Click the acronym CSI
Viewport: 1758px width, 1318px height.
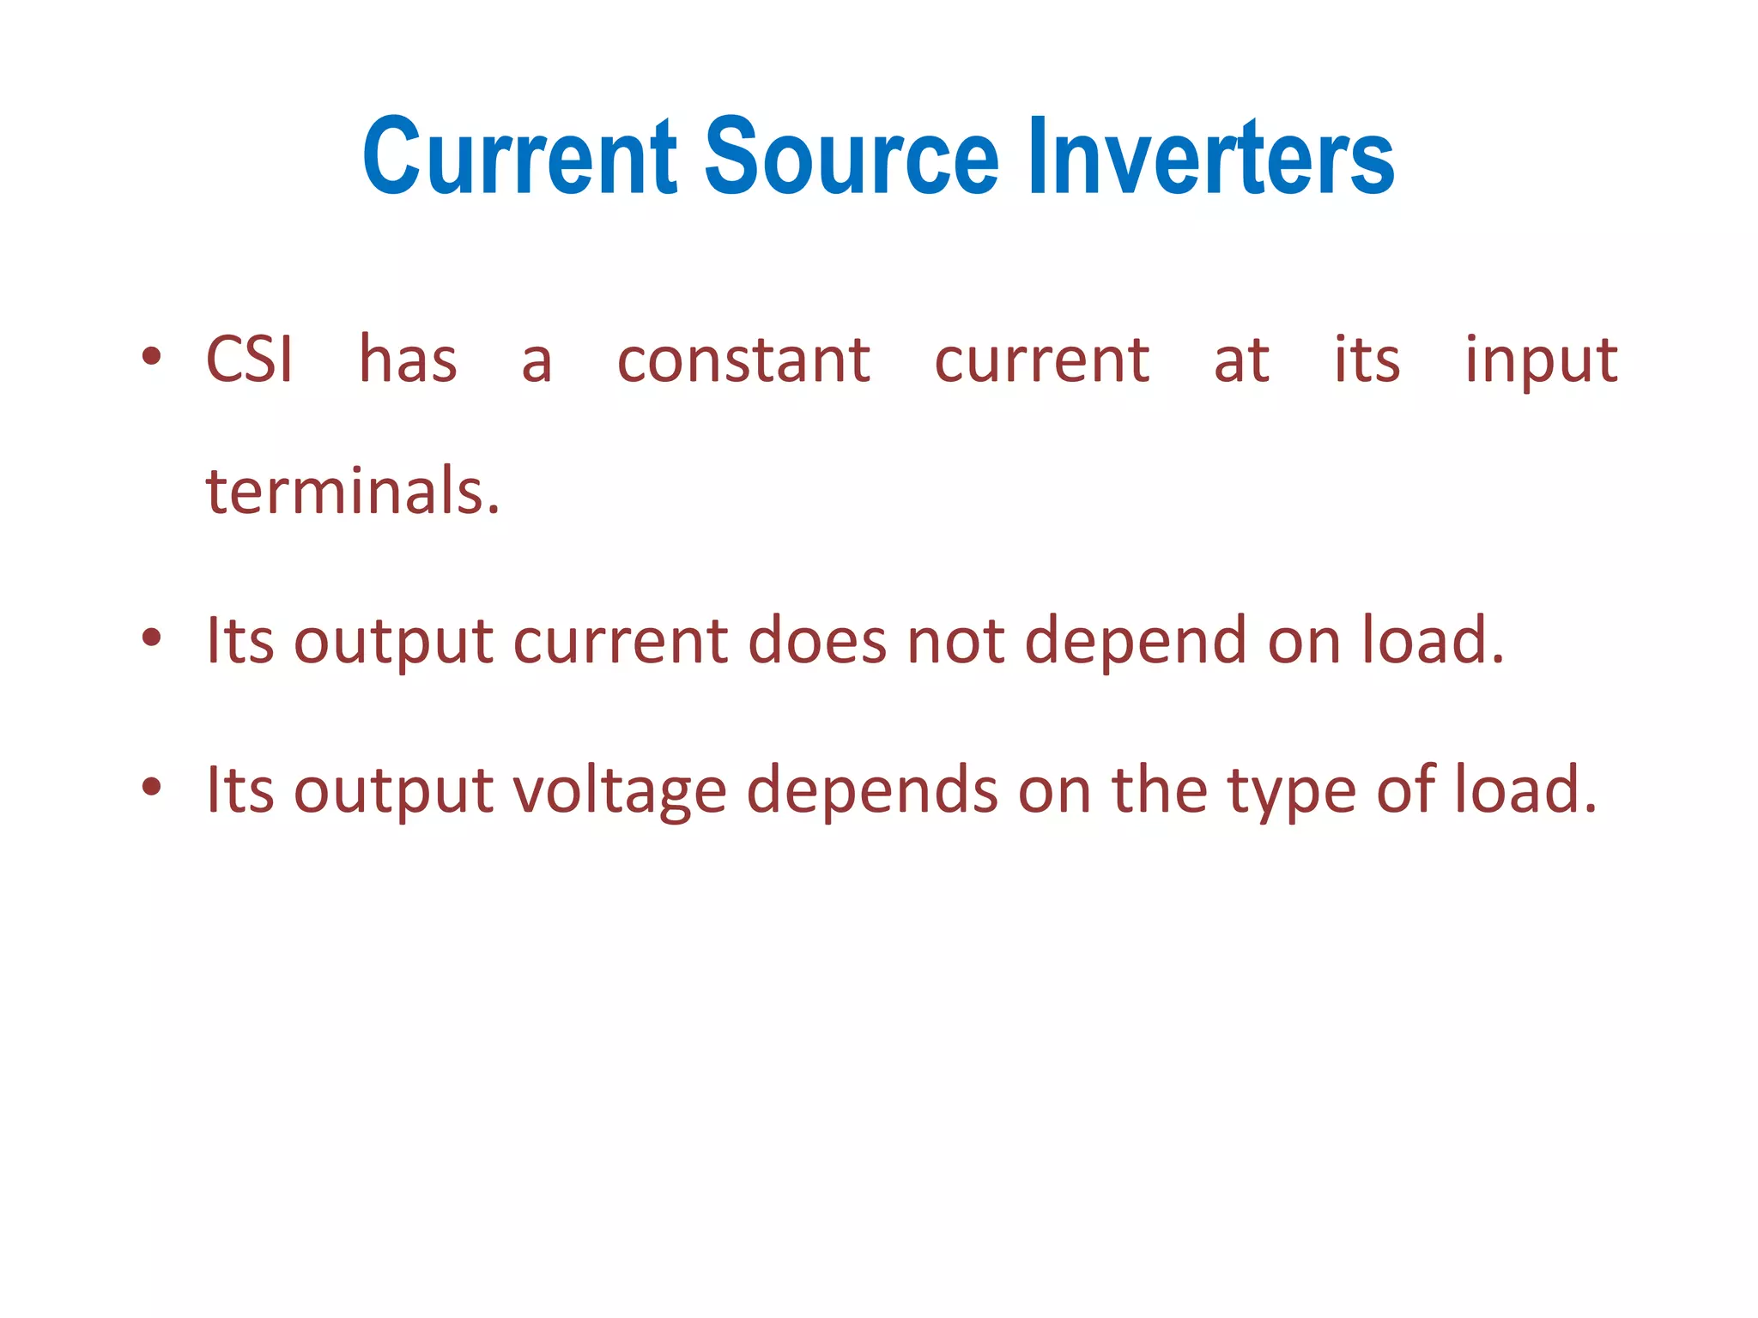250,360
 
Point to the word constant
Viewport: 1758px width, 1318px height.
743,360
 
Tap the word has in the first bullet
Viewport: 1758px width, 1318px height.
408,360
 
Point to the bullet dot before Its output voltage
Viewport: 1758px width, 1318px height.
152,786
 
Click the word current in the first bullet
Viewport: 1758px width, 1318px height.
1041,360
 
